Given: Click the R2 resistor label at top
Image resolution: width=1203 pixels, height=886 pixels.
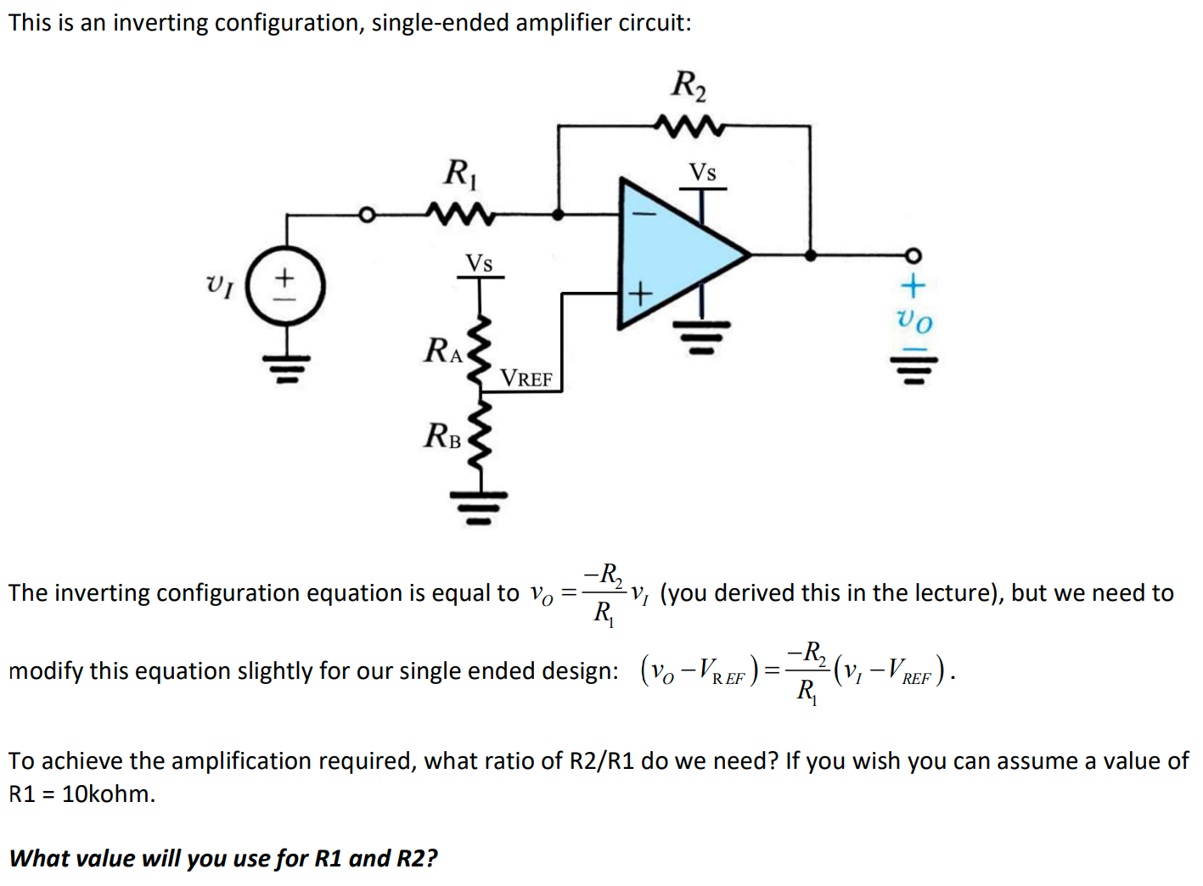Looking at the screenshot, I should tap(689, 85).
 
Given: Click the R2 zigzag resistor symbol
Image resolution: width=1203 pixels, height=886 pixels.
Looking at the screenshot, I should tap(689, 127).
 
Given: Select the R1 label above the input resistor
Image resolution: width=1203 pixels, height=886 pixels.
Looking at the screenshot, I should tap(461, 173).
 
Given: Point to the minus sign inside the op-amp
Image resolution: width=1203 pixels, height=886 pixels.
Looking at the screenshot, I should tap(642, 215).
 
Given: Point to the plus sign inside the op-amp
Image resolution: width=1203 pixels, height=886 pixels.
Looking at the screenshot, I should tap(640, 294).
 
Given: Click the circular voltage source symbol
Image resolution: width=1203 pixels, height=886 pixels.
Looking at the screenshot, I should tap(286, 286).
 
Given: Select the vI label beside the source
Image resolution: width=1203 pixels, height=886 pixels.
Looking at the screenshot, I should tap(220, 284).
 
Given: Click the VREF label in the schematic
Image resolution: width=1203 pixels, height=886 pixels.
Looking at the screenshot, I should tap(526, 379).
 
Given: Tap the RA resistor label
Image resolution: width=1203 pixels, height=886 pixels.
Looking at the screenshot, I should tap(443, 350).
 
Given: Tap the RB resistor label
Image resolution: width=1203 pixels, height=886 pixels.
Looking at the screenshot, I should tap(442, 436).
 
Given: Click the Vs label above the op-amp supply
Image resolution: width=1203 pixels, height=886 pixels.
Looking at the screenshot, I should tap(702, 172).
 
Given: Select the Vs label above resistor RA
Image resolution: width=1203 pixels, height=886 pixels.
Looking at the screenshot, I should tap(479, 263).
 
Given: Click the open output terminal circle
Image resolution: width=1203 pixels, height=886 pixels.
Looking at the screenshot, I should tap(913, 255).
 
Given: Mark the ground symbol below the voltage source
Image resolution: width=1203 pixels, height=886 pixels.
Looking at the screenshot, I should tap(286, 367).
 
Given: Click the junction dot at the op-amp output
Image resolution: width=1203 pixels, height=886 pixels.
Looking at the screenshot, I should tap(810, 254).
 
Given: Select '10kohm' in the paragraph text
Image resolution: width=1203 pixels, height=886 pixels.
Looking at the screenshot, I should tap(108, 793).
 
